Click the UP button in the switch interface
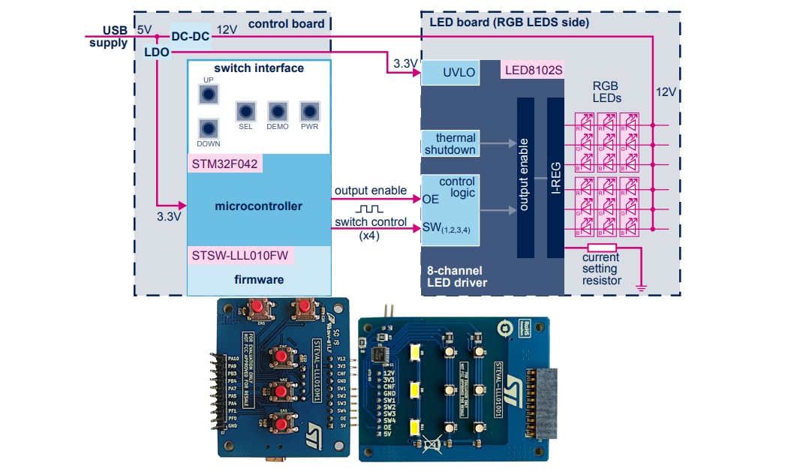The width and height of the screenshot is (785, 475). (x=209, y=95)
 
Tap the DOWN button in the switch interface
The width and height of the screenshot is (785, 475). (x=209, y=128)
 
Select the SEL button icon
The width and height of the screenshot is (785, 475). (x=245, y=111)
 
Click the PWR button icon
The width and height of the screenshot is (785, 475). (x=309, y=111)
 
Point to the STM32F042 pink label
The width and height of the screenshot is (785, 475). (x=225, y=164)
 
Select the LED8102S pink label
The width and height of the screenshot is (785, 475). (x=533, y=71)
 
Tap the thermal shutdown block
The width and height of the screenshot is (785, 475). (x=450, y=143)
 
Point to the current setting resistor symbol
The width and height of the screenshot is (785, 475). (x=602, y=247)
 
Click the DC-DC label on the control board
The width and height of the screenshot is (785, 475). (x=190, y=36)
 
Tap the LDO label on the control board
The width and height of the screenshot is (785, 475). (x=156, y=52)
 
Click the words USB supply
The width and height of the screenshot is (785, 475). (x=105, y=36)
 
